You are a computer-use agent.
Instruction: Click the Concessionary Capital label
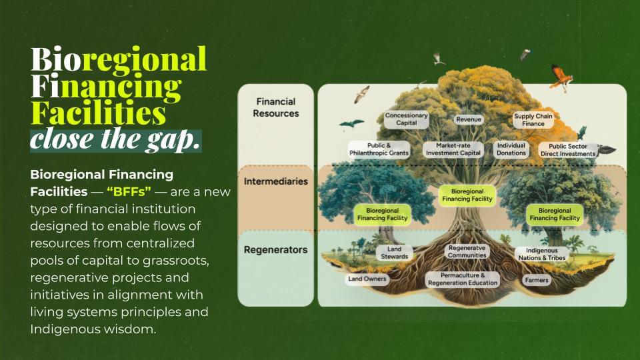(406, 119)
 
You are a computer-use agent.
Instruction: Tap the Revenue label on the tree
(469, 119)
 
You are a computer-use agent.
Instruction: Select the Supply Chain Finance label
(533, 120)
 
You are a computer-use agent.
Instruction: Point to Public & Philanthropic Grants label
(379, 149)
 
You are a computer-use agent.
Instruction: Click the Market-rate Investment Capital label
(453, 149)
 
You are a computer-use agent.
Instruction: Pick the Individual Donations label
(511, 149)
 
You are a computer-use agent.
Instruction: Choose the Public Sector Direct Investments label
(567, 149)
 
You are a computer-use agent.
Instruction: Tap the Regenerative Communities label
(467, 251)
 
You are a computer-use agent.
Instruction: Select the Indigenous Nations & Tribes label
(542, 254)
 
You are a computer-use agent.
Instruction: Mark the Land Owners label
(367, 279)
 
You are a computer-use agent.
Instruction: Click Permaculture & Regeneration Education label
(462, 279)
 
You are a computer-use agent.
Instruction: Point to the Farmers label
(536, 280)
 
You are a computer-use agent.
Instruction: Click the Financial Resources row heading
(275, 107)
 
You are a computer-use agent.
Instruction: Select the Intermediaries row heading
(275, 181)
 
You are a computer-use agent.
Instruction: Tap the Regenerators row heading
(275, 250)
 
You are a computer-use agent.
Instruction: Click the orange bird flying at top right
(561, 76)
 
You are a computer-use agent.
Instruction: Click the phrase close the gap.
(115, 139)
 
